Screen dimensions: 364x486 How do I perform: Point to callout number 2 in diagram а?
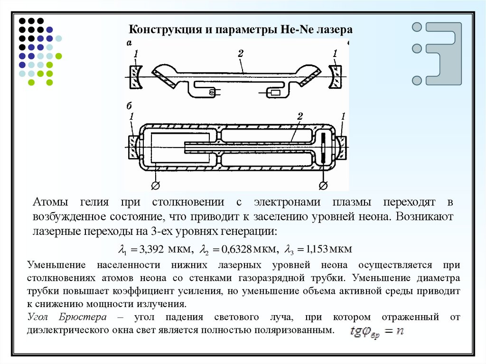click(x=241, y=54)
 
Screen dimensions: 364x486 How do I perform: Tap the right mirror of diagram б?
click(x=341, y=147)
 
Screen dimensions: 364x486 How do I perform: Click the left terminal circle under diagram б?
click(x=155, y=184)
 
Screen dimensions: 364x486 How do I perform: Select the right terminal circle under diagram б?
click(x=324, y=184)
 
